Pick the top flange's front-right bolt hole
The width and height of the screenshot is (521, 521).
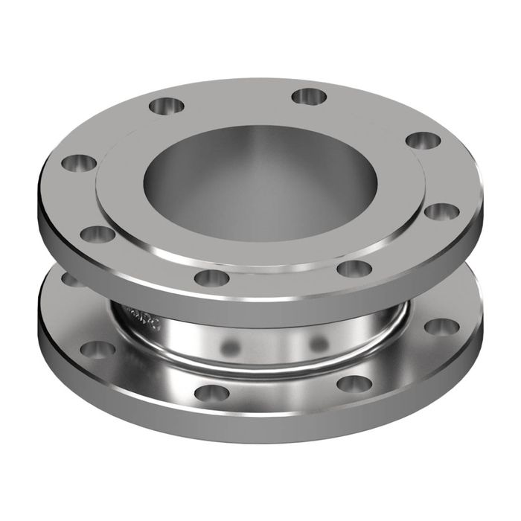pyautogui.click(x=353, y=269)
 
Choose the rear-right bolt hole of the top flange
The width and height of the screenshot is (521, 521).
pyautogui.click(x=305, y=95)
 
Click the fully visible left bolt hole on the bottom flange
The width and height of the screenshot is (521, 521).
pyautogui.click(x=97, y=348)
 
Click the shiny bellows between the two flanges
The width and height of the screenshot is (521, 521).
pyautogui.click(x=275, y=350)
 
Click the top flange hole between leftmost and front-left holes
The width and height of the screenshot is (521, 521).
pyautogui.click(x=98, y=234)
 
